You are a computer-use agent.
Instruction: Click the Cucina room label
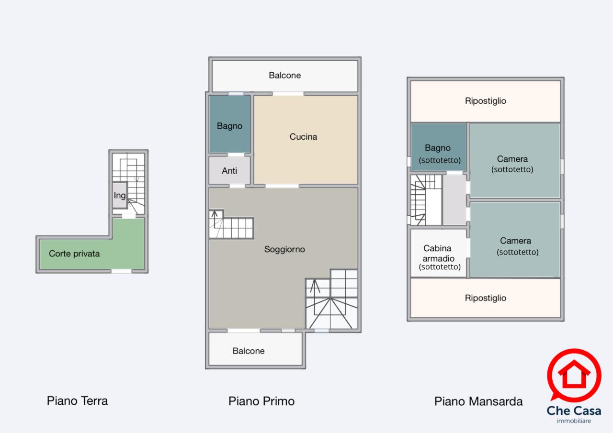[x=303, y=137]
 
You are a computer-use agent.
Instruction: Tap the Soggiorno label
[x=284, y=249]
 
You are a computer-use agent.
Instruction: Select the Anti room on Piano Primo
[x=229, y=170]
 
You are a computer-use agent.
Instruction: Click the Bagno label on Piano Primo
[x=229, y=126]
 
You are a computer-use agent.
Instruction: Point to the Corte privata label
[x=74, y=254]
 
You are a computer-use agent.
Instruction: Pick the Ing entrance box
[x=120, y=195]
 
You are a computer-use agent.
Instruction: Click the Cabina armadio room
[x=438, y=253]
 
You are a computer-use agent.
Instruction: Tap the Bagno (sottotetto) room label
[x=439, y=154]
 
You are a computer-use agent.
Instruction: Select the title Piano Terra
[x=77, y=401]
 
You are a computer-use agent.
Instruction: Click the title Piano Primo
[x=261, y=401]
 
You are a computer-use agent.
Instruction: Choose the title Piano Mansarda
[x=478, y=401]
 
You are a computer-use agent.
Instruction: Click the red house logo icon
[x=574, y=375]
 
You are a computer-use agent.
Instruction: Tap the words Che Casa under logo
[x=574, y=411]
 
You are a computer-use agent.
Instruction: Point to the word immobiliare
[x=574, y=421]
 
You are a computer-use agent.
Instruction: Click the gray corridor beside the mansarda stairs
[x=454, y=200]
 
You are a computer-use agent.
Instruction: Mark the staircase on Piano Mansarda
[x=426, y=200]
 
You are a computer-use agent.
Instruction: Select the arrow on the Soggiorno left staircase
[x=215, y=214]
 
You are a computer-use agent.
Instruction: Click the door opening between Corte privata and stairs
[x=129, y=216]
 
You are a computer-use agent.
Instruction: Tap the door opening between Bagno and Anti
[x=236, y=155]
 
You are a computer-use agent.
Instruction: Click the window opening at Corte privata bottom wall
[x=121, y=271]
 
